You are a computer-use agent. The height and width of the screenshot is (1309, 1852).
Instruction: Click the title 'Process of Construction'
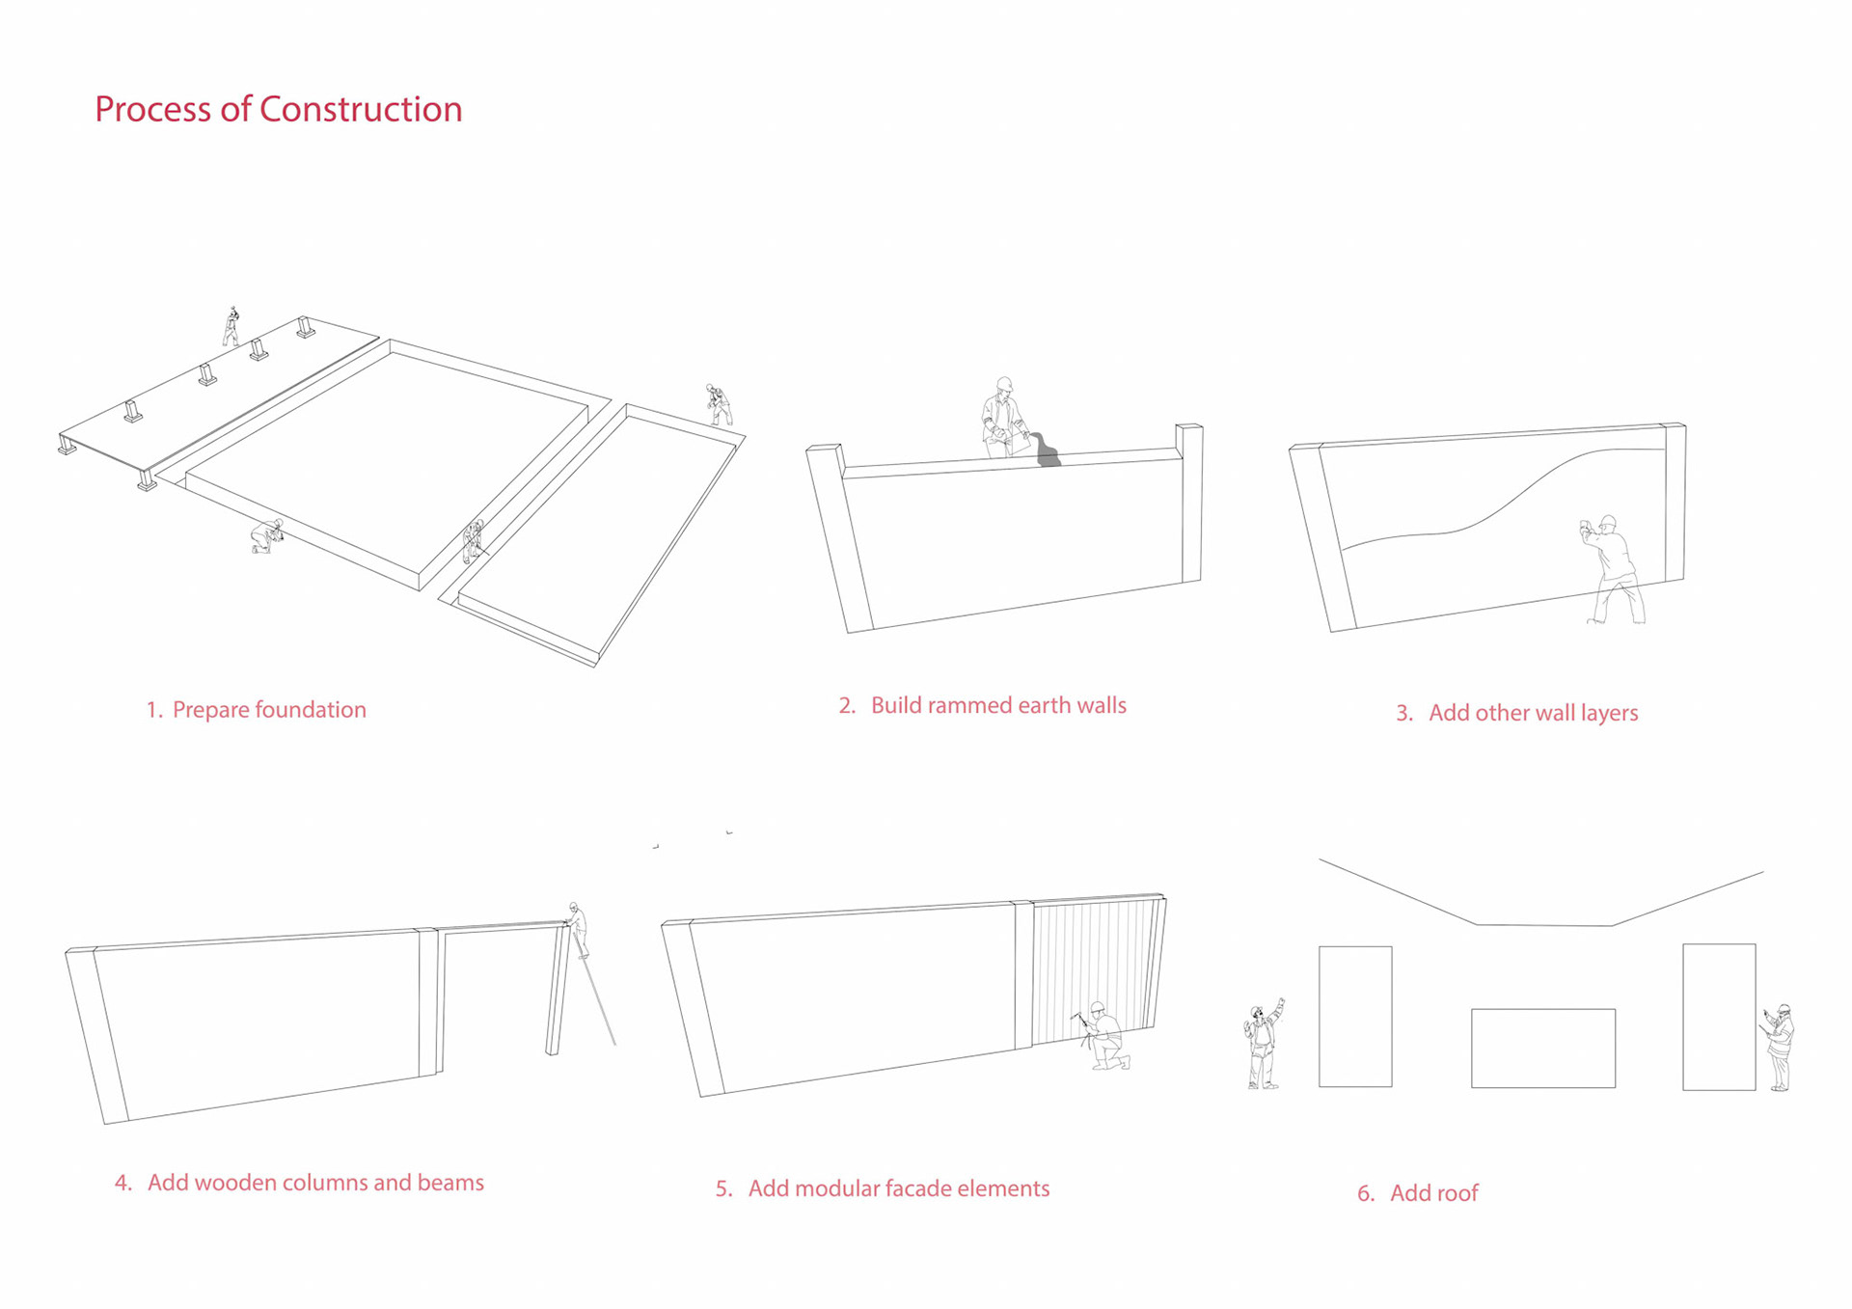click(278, 110)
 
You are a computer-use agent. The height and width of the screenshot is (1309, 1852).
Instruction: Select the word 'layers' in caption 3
click(1609, 714)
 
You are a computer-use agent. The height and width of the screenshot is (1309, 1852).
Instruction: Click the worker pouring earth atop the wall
click(1004, 421)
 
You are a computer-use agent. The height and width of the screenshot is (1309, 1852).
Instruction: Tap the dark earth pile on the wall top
click(1047, 452)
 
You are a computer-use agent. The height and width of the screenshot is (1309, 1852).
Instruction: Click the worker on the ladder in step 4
click(577, 929)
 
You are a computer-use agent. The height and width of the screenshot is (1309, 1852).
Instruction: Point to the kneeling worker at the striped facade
click(1105, 1038)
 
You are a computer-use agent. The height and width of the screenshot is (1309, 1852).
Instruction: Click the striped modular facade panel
click(1094, 968)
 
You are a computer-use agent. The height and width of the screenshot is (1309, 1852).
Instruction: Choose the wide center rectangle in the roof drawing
click(1542, 1049)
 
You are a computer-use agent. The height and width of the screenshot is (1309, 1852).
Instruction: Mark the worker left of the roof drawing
click(1263, 1046)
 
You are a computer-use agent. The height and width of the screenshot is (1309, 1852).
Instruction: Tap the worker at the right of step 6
click(1781, 1048)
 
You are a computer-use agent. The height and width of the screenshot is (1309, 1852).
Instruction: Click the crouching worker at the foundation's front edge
click(266, 535)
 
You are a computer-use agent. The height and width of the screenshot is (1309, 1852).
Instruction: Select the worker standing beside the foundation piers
click(231, 327)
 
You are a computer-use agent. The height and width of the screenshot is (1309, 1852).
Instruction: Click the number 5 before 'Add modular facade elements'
click(720, 1189)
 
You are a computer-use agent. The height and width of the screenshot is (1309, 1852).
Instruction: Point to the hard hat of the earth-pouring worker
click(1004, 384)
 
